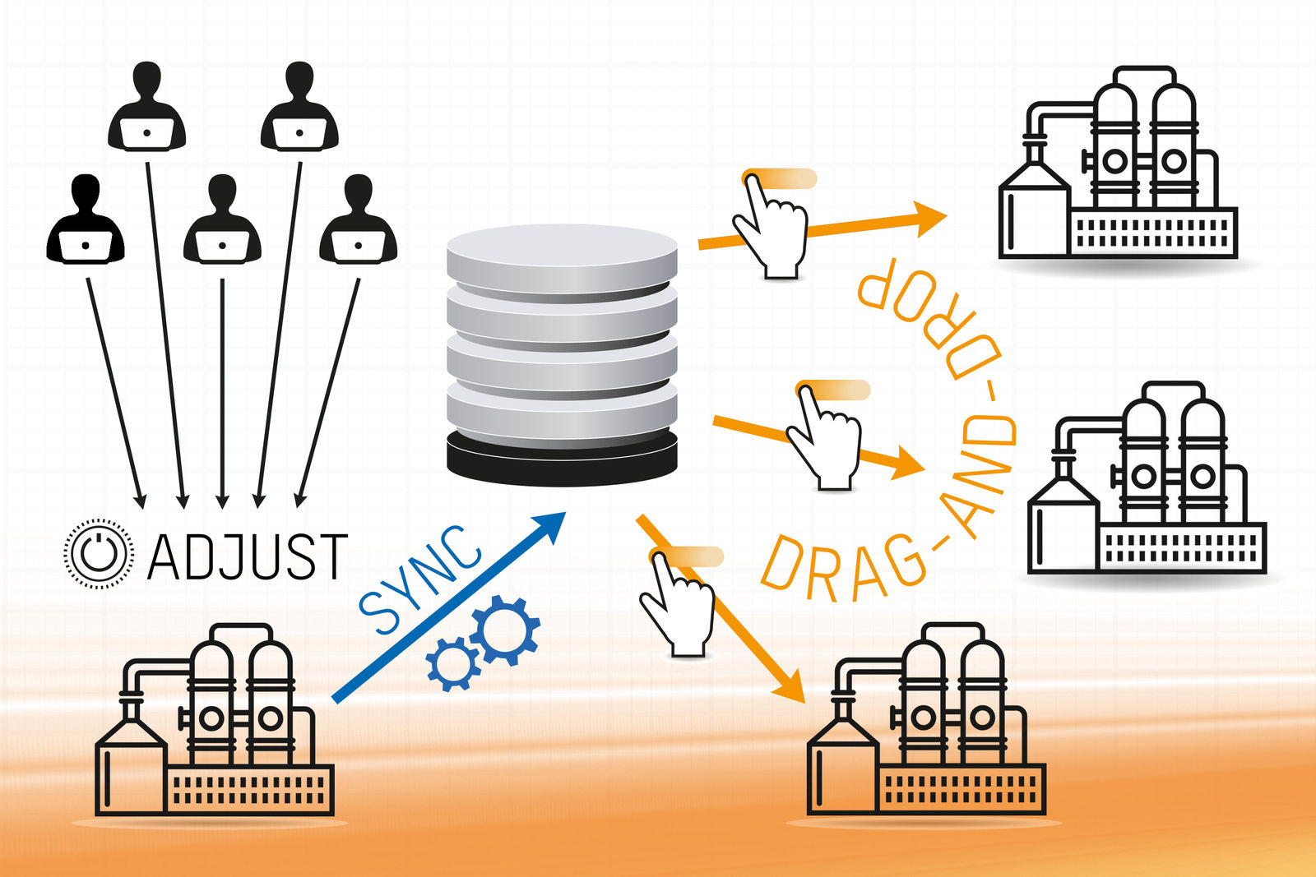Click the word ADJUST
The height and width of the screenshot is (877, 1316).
coord(248,557)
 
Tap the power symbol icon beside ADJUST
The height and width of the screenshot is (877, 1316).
coord(99,554)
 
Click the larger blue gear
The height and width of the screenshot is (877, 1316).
coord(505,630)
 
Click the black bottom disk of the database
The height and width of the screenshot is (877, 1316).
coord(562,460)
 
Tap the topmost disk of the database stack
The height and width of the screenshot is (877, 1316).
coord(562,251)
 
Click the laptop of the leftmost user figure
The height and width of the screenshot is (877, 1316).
coord(86,246)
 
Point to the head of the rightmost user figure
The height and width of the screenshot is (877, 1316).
coord(358,192)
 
